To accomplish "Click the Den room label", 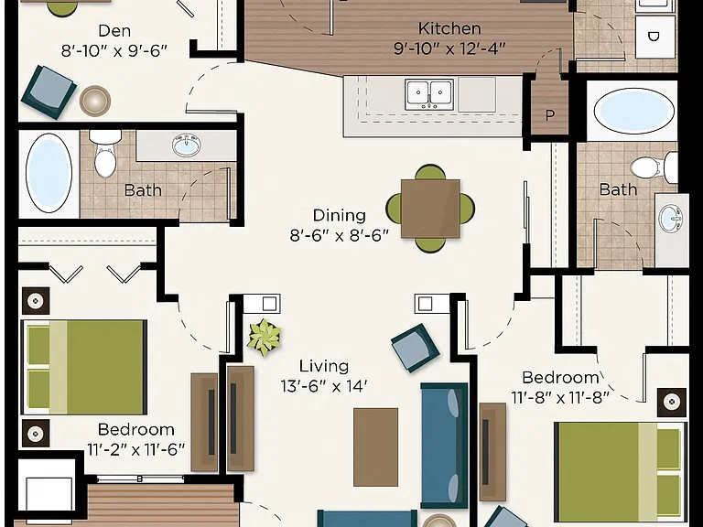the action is tap(114, 31).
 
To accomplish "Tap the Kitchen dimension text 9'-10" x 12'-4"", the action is tap(449, 48).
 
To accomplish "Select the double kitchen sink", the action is tap(429, 94).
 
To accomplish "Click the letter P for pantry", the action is tap(549, 115).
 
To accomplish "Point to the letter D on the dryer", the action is tap(654, 37).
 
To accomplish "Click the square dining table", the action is tap(430, 209).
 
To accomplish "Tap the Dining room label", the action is tap(339, 215).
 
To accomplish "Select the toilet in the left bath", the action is tap(105, 153).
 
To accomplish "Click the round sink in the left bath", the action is tap(187, 145).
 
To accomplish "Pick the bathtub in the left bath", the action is tap(49, 173).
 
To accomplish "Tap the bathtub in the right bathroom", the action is tap(634, 111).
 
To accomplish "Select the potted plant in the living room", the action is tap(265, 338).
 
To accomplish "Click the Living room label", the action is tap(324, 366).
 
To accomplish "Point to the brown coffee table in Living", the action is tap(375, 446).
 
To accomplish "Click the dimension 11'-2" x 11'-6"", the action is tap(135, 449).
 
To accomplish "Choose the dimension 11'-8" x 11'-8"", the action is tap(560, 397).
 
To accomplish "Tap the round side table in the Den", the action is tap(95, 100).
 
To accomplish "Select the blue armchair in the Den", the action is tap(49, 92).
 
